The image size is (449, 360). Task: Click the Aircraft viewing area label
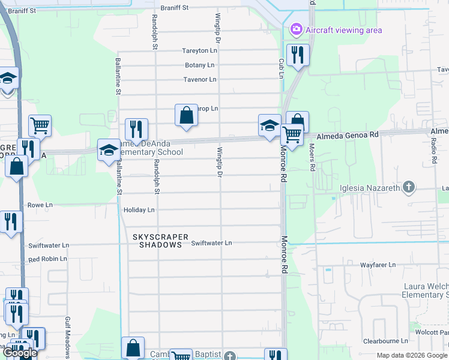point(343,30)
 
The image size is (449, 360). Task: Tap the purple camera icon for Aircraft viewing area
point(296,29)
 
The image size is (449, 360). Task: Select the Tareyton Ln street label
point(200,51)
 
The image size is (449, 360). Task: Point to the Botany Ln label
point(199,65)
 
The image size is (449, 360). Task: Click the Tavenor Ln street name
point(199,79)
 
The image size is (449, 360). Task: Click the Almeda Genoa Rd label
point(348,136)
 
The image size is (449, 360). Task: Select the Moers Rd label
point(312,157)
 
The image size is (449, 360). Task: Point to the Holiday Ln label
point(139,210)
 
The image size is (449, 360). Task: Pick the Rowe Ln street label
point(40,205)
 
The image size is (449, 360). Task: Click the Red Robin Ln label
point(48,259)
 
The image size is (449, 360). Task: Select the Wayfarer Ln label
point(378,265)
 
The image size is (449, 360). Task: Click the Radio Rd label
point(433,154)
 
